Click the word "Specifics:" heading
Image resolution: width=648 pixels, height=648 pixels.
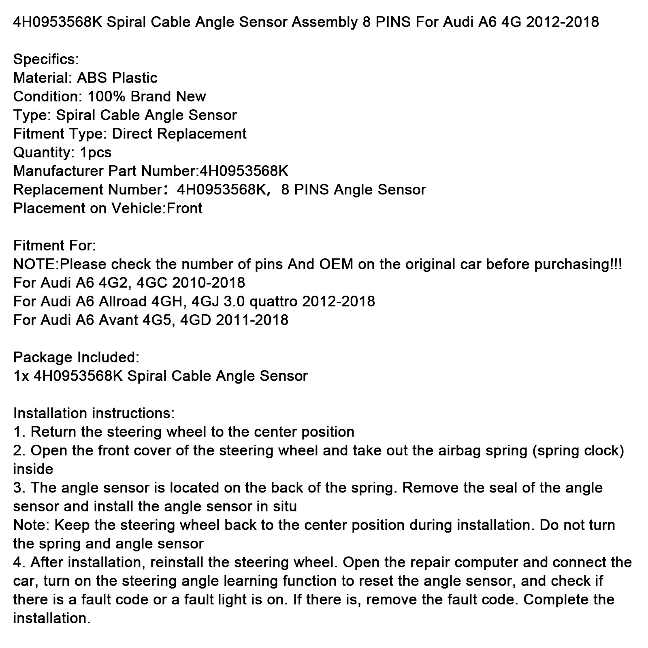click(x=46, y=60)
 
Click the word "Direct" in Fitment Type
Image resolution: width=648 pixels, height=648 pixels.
click(x=132, y=134)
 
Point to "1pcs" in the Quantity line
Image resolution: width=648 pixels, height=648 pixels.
click(x=96, y=152)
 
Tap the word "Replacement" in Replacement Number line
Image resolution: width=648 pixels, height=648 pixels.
click(x=58, y=190)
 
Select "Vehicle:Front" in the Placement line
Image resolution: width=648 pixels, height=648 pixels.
click(x=157, y=208)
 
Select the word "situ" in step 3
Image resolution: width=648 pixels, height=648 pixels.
click(x=283, y=506)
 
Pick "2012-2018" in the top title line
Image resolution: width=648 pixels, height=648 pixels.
click(x=562, y=21)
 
